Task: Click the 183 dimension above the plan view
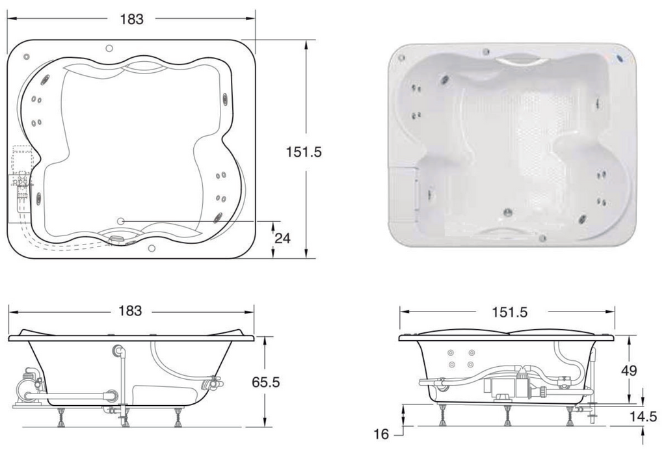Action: (131, 19)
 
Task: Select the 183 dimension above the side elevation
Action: (130, 311)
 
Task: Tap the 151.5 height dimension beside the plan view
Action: (304, 152)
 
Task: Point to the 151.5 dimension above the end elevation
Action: (509, 312)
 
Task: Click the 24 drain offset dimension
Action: (282, 238)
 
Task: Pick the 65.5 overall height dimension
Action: (266, 382)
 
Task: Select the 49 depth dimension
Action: (629, 371)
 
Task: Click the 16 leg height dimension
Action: (381, 434)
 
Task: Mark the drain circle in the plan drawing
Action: (120, 221)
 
